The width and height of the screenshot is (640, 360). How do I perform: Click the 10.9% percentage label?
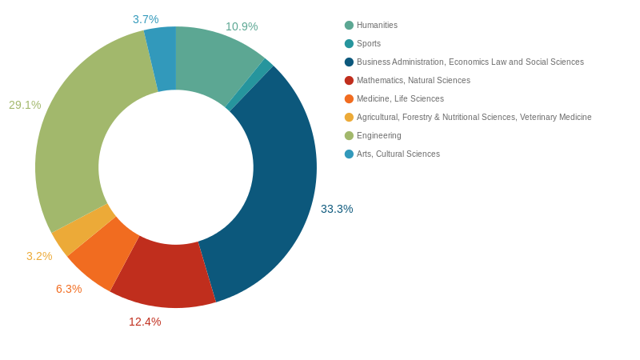click(242, 26)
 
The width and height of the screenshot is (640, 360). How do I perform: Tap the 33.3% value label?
click(337, 209)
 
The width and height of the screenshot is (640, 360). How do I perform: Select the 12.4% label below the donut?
click(145, 322)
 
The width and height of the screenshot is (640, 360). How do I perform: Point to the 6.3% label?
click(69, 289)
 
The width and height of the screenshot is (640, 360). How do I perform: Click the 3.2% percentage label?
click(39, 256)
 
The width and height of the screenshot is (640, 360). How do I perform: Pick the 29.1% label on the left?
click(25, 105)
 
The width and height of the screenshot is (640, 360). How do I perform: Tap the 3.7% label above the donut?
click(146, 19)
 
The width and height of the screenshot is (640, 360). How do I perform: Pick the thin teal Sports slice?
click(249, 84)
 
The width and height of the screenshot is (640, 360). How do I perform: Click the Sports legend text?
click(369, 44)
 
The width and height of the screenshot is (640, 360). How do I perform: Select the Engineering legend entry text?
click(378, 136)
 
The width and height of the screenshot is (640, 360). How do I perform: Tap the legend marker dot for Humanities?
click(349, 26)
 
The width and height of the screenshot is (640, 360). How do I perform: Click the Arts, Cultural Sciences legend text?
click(398, 154)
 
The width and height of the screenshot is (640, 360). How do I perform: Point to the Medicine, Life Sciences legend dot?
click(349, 99)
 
